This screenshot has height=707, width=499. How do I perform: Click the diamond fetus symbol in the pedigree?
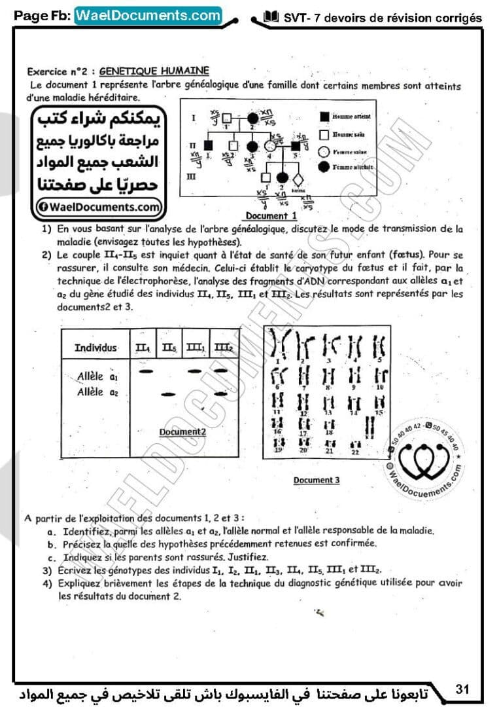tap(299, 178)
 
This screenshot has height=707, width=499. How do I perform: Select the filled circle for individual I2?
tap(254, 119)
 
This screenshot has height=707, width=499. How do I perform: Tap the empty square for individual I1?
tap(228, 119)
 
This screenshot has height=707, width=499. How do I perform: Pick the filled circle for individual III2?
tap(283, 177)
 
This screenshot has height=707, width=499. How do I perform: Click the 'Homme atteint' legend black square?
tap(324, 117)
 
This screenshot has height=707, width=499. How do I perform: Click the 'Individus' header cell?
tap(95, 347)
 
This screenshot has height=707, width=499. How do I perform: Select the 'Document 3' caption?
tap(317, 480)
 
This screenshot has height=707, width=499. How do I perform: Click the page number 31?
tap(463, 689)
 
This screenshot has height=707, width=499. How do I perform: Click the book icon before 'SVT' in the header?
tap(271, 17)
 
